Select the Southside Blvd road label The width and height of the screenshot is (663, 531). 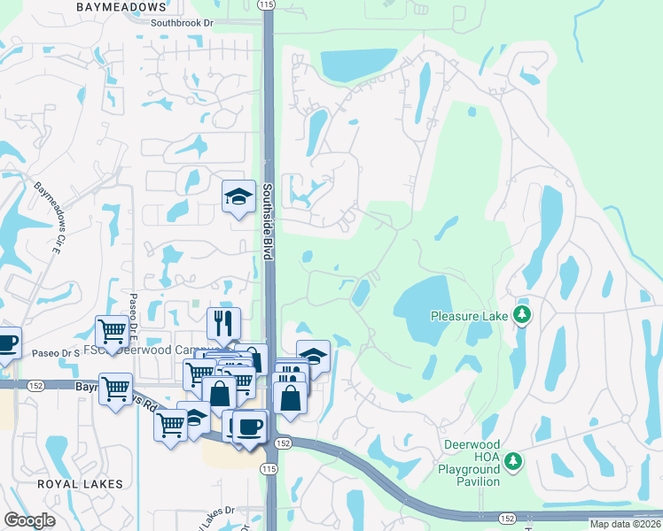pyautogui.click(x=268, y=221)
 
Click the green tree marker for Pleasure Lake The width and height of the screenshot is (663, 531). pyautogui.click(x=523, y=315)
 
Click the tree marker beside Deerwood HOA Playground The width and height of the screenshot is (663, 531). pyautogui.click(x=512, y=460)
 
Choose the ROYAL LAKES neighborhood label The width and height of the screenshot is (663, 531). pyautogui.click(x=80, y=484)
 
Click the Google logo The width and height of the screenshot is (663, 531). pyautogui.click(x=28, y=520)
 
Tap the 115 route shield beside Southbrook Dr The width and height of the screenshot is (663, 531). pyautogui.click(x=269, y=5)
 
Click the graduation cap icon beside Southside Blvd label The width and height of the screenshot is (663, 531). pyautogui.click(x=238, y=196)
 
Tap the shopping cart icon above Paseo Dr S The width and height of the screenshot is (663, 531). pyautogui.click(x=113, y=331)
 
